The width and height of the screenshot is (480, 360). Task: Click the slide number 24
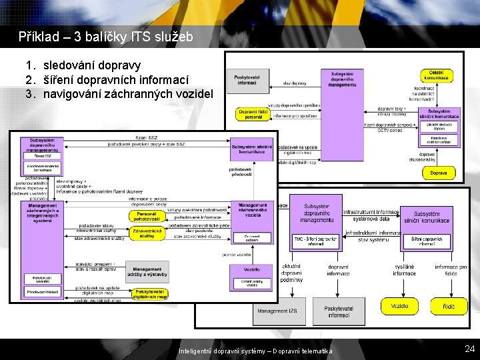469,348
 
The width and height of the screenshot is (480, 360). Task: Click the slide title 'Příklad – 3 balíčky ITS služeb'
106,37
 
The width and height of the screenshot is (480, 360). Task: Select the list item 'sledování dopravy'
92,65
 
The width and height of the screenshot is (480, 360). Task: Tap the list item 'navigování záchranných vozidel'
128,93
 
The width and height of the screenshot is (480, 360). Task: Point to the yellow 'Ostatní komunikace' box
436,75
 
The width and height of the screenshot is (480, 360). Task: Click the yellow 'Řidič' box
449,306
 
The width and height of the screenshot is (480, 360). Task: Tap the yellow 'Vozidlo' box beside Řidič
400,306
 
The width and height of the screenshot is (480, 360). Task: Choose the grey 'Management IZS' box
278,311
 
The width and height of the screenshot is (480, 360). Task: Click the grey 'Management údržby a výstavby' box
147,272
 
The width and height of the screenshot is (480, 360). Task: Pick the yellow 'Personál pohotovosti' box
147,215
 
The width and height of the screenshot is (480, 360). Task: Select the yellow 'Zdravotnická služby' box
147,233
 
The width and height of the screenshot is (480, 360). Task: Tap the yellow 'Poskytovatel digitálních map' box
151,293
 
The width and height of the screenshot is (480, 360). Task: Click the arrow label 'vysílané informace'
404,269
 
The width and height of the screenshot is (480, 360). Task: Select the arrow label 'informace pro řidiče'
451,270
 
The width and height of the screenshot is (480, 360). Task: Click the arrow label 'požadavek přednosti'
241,172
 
